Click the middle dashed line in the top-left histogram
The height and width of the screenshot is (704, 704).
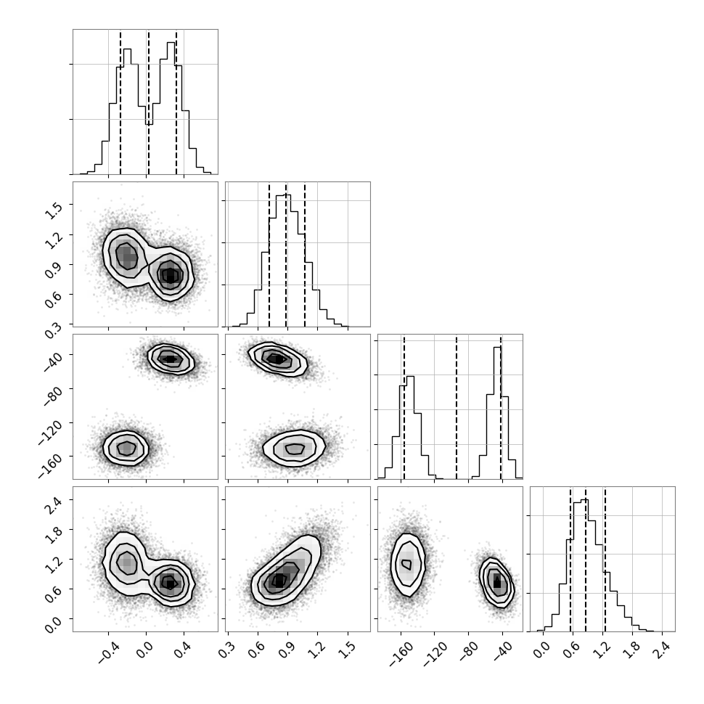click(x=149, y=102)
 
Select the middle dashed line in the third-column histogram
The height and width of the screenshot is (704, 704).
click(x=457, y=408)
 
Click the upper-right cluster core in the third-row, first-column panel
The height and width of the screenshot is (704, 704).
click(x=170, y=359)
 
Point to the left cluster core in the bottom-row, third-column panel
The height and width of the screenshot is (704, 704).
click(x=406, y=563)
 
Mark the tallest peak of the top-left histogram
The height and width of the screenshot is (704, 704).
click(x=171, y=43)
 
